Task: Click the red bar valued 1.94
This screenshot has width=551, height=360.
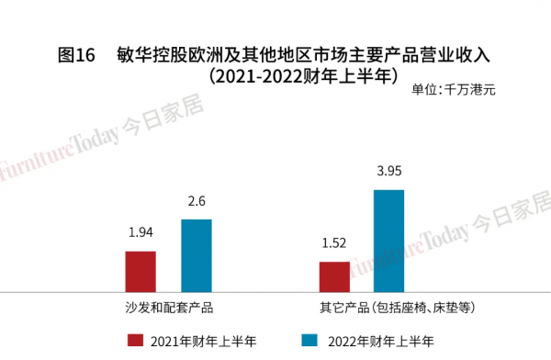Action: pos(141,270)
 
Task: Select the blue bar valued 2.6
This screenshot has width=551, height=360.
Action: pos(196,254)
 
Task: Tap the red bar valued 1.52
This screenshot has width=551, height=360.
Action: pos(334,276)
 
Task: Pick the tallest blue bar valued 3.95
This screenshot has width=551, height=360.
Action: pos(389,240)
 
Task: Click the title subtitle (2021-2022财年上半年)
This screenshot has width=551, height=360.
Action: pos(302,75)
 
